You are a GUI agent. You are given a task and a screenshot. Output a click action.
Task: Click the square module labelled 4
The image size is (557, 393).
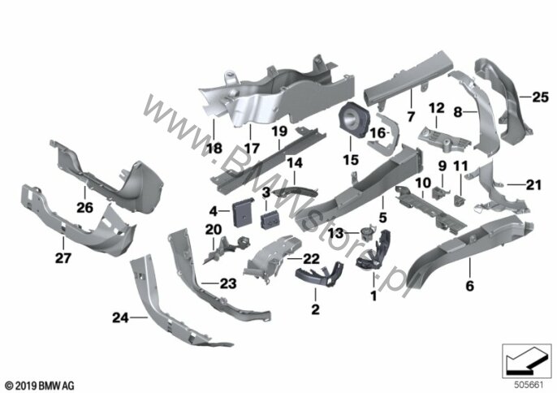coord(241,214)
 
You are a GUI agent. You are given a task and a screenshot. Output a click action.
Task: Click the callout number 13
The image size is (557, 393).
coord(354,232)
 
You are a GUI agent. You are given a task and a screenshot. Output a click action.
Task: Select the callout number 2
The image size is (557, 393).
coord(316,310)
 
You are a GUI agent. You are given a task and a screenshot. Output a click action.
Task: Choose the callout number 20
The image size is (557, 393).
coord(213,231)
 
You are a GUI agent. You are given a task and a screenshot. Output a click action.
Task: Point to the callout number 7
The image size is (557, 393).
coord(412,114)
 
